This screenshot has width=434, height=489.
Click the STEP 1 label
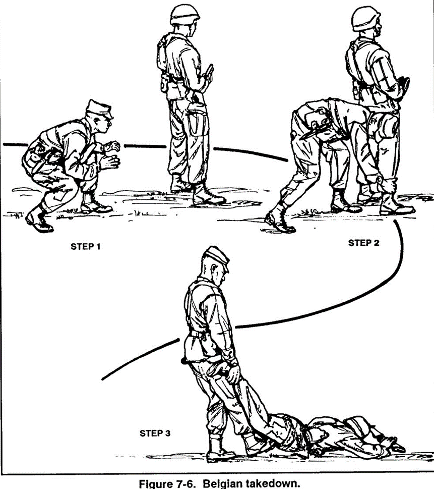85,246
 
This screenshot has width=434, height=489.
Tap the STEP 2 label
363,243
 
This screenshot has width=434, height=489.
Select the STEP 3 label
155,433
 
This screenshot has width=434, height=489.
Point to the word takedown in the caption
271,483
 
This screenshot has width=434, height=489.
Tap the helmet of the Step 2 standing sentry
366,19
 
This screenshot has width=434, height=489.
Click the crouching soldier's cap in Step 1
99,108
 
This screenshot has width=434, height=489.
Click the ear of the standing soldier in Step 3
215,268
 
